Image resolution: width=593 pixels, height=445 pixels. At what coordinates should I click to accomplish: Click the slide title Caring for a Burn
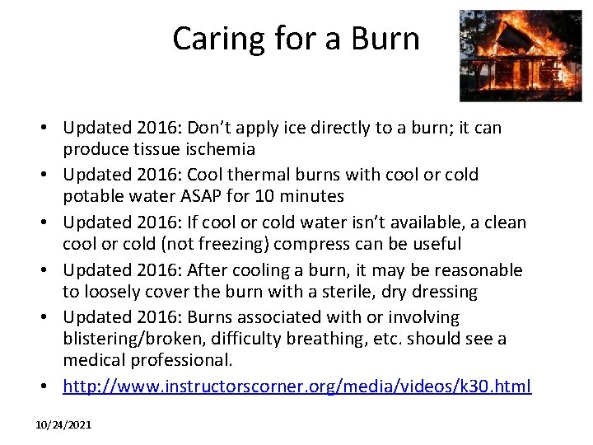click(x=296, y=39)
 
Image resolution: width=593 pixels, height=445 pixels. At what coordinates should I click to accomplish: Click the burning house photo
click(x=508, y=55)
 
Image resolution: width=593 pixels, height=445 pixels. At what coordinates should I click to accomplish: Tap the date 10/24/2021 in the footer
click(x=63, y=424)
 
